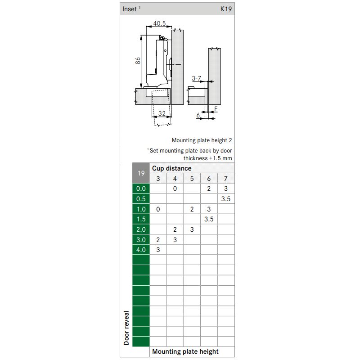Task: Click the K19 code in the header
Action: (226, 9)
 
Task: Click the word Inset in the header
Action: (130, 9)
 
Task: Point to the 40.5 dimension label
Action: (159, 23)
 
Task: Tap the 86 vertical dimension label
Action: (138, 61)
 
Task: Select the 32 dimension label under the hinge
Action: (162, 113)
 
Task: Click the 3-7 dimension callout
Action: (196, 78)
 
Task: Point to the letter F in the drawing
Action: (216, 109)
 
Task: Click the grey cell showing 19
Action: (141, 173)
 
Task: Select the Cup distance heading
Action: (172, 168)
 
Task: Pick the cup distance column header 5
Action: (192, 179)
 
